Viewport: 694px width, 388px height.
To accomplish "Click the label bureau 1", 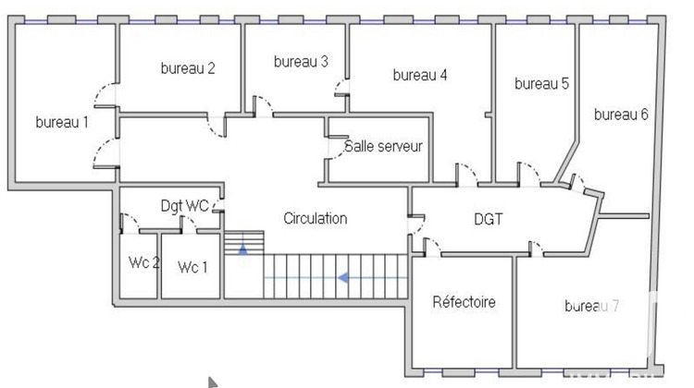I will (x=62, y=122).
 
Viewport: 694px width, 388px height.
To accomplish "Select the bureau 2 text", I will (x=188, y=67).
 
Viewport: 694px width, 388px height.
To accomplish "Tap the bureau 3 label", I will (x=301, y=62).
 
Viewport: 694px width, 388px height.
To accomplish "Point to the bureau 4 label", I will (x=420, y=75).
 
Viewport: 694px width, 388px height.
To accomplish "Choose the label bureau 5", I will (x=541, y=83).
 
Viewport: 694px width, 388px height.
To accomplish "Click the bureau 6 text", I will (x=621, y=115).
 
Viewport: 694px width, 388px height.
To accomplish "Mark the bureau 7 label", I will (x=592, y=306).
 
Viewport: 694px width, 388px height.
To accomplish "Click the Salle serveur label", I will (x=383, y=146).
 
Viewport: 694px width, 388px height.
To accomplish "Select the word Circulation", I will (x=316, y=219).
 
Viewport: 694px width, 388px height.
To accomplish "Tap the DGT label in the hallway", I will (x=490, y=219).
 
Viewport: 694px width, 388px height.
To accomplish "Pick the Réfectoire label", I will (x=464, y=302).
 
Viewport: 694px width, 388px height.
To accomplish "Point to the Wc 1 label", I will (x=192, y=268).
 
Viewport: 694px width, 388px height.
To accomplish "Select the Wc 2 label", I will (x=144, y=263).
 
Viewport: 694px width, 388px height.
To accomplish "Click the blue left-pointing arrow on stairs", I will (x=342, y=276).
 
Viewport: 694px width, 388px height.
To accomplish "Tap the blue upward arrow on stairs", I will (x=243, y=248).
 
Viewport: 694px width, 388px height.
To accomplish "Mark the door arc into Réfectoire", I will (x=431, y=246).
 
